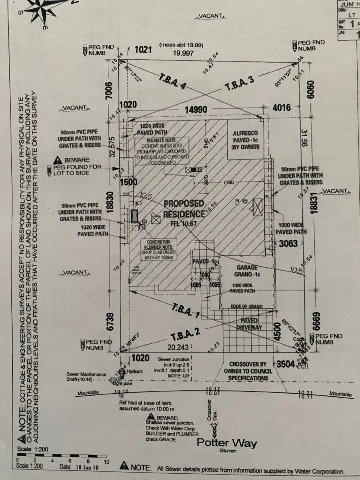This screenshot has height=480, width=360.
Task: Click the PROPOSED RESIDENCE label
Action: (184, 209)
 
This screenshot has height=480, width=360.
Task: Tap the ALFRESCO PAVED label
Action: (245, 140)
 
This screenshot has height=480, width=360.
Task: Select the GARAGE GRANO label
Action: (247, 271)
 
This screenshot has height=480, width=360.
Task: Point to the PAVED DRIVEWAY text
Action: (249, 324)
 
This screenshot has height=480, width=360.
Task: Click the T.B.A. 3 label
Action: (239, 84)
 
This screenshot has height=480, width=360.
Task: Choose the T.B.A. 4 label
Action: (172, 80)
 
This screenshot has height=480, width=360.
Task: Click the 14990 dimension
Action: (196, 110)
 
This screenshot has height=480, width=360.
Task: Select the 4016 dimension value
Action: (281, 107)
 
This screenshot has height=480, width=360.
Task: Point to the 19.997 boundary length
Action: (183, 53)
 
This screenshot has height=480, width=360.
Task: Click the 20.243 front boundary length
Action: (178, 347)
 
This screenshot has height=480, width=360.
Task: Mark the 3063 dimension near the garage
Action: (288, 243)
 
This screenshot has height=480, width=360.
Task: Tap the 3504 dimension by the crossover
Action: (285, 364)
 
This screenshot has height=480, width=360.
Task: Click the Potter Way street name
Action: (227, 443)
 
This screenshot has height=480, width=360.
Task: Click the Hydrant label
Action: (135, 371)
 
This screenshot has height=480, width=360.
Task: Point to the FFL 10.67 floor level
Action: (183, 223)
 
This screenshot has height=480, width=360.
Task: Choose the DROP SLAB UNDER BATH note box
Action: (158, 250)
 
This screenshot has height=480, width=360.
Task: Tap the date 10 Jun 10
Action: (87, 467)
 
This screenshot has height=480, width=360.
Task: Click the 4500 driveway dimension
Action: (277, 331)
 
